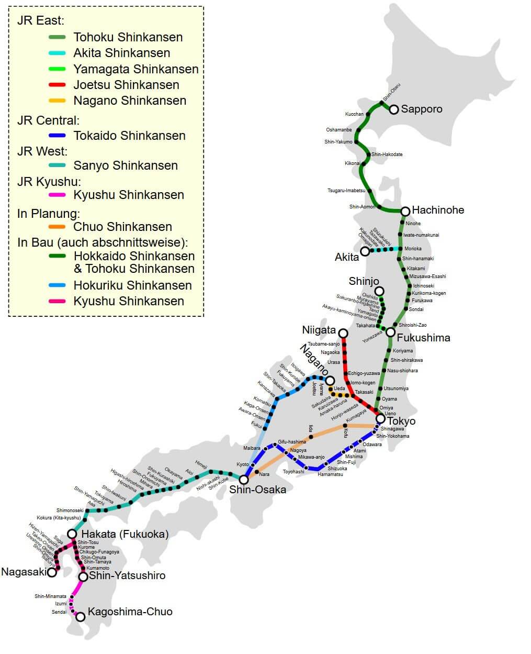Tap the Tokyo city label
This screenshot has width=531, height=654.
click(x=401, y=421)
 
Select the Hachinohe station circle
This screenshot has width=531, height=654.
click(x=405, y=211)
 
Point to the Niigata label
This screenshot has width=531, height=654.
click(x=319, y=330)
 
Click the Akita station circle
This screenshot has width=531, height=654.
click(x=365, y=252)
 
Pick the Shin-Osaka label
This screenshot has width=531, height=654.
click(x=257, y=490)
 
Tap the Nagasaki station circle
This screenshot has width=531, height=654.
click(x=52, y=572)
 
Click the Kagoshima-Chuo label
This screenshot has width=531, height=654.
click(x=130, y=612)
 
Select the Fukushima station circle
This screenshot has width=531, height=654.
click(x=390, y=332)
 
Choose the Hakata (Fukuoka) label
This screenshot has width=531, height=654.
click(x=125, y=534)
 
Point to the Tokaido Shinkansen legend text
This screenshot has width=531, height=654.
click(x=129, y=136)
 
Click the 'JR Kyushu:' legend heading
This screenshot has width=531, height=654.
click(x=49, y=182)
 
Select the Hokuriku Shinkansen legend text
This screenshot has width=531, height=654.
click(x=133, y=285)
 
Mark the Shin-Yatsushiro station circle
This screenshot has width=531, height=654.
click(x=83, y=577)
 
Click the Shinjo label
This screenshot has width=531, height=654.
click(x=364, y=281)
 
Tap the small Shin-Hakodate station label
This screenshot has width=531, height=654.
click(x=387, y=154)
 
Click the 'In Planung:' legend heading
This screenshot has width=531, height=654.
click(x=49, y=214)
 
